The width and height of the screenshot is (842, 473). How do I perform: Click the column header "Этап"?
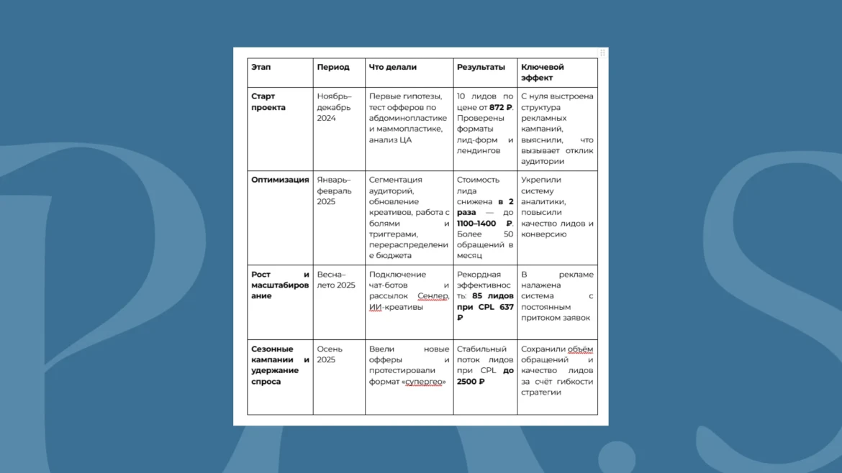click(x=261, y=67)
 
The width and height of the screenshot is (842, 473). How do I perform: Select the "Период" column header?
click(x=333, y=67)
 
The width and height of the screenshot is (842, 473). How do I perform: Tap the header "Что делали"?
click(x=392, y=67)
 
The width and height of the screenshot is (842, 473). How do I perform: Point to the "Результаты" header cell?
click(x=481, y=67)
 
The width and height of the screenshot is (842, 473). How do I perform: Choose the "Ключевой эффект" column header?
click(x=543, y=72)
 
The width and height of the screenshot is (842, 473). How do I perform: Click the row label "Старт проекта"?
click(x=268, y=101)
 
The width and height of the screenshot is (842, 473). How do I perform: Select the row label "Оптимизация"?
click(x=280, y=180)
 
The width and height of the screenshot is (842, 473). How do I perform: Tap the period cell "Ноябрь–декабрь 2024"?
click(x=334, y=107)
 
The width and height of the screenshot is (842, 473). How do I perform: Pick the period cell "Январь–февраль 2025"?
click(x=334, y=190)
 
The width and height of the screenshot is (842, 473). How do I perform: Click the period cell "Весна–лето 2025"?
click(x=336, y=280)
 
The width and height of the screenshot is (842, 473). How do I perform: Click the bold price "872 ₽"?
click(x=501, y=107)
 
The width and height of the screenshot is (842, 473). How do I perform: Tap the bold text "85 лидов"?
click(x=493, y=296)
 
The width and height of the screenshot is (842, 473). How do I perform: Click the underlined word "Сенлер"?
click(x=433, y=296)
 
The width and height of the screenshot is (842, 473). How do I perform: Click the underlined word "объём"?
click(x=580, y=349)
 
